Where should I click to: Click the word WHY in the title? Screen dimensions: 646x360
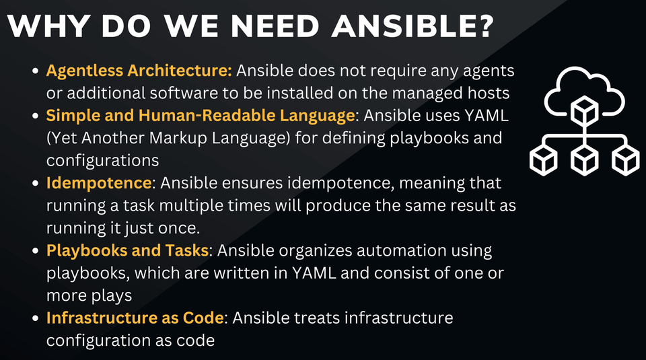(48, 26)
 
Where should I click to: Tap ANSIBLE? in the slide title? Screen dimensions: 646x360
(412, 26)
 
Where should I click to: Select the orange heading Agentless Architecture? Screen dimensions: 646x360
(139, 71)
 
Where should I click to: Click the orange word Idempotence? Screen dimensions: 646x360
(99, 182)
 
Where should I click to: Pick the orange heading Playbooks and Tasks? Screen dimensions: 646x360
(127, 250)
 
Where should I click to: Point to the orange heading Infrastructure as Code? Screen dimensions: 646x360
(135, 318)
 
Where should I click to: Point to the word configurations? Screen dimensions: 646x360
(102, 161)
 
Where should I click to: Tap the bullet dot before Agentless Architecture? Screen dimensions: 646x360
(36, 71)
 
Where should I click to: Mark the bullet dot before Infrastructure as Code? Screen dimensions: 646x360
(36, 318)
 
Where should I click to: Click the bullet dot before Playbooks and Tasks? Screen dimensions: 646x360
(36, 251)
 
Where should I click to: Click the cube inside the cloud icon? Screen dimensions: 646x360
(584, 111)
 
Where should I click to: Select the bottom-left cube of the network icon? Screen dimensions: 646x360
(544, 161)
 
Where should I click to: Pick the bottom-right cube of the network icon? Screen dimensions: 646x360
(625, 161)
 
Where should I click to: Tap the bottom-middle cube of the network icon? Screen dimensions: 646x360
(584, 161)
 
